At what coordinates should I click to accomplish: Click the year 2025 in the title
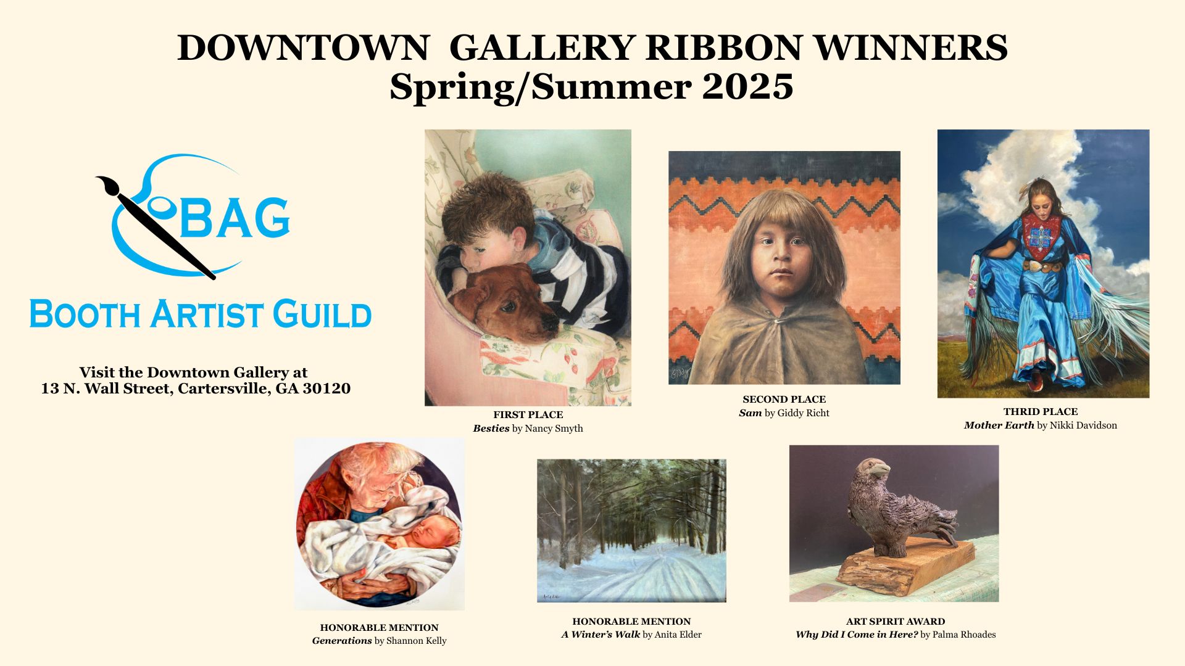(747, 87)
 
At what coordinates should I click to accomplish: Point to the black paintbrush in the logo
(156, 227)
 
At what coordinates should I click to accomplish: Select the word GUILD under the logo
(322, 314)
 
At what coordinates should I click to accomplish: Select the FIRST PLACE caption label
(528, 415)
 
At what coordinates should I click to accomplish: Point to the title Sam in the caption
(750, 413)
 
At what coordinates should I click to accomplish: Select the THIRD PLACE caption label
(1041, 412)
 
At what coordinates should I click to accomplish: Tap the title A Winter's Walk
(601, 635)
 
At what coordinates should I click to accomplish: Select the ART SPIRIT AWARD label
(896, 622)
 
